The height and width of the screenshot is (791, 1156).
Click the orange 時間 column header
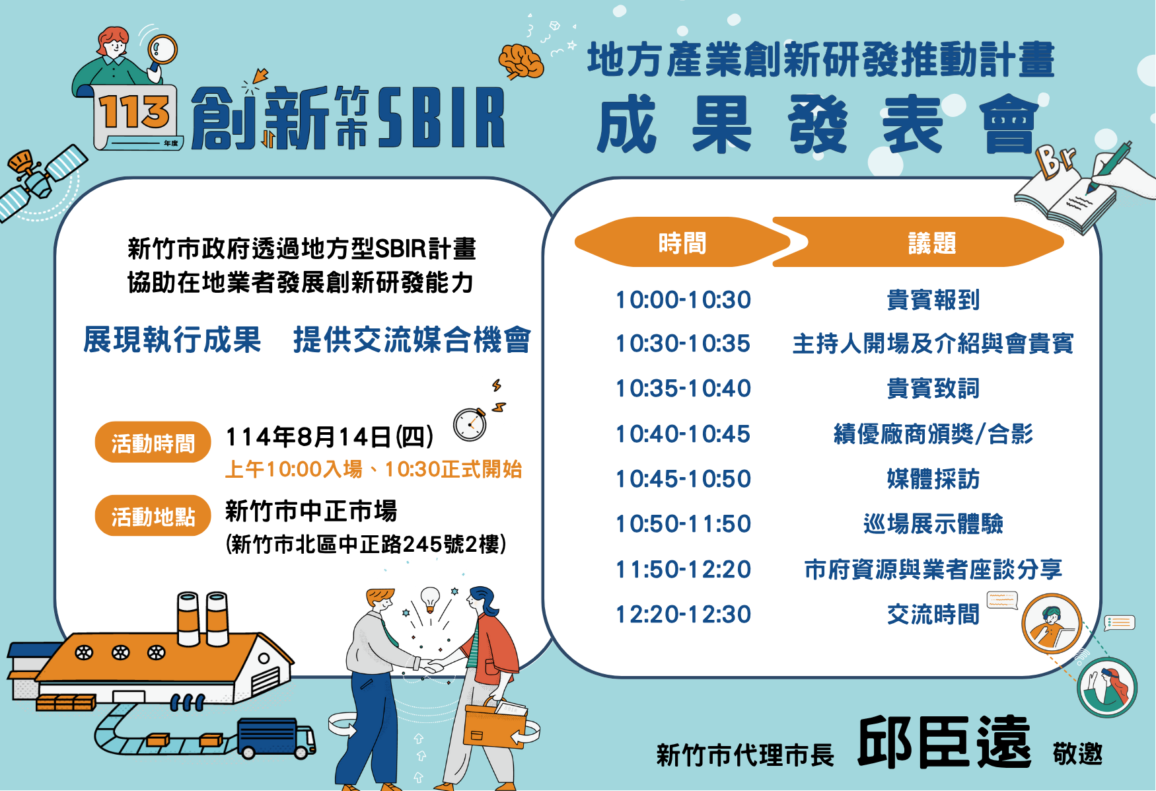tap(682, 243)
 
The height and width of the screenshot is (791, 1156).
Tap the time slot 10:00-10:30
tap(683, 300)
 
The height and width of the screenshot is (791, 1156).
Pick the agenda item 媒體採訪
tap(933, 479)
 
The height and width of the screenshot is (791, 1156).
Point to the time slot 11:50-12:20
tap(683, 570)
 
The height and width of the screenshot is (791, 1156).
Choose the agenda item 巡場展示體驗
tap(933, 524)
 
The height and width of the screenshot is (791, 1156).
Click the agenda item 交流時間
tap(933, 615)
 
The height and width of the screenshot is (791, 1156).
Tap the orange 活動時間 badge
tap(153, 442)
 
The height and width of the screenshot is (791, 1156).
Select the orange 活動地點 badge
tap(153, 515)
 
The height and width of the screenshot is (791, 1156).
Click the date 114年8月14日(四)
tap(330, 437)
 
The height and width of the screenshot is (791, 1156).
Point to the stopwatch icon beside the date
tap(470, 424)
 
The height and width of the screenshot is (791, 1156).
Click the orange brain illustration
tap(521, 61)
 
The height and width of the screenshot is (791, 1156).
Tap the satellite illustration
tap(41, 180)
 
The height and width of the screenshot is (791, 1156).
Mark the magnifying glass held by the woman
tap(162, 52)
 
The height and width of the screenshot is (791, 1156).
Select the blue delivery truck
tap(276, 738)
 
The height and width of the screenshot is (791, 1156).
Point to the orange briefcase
tap(495, 724)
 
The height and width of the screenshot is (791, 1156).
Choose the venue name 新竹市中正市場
tap(311, 511)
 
